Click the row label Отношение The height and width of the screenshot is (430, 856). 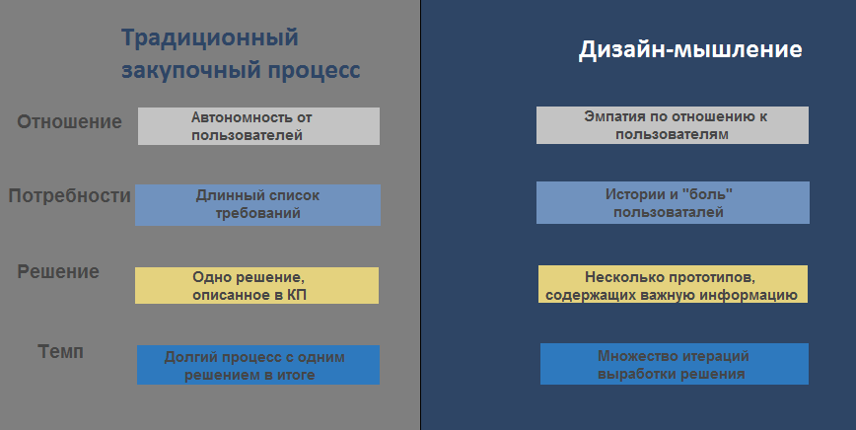(x=69, y=121)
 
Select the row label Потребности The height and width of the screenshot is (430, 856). (x=69, y=195)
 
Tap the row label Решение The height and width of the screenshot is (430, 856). (x=58, y=271)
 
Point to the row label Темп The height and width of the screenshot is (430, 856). (x=60, y=351)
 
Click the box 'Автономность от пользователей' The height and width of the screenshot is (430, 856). (x=258, y=126)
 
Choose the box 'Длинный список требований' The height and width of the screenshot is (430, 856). (x=257, y=205)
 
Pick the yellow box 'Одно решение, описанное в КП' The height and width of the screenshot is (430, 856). (x=256, y=285)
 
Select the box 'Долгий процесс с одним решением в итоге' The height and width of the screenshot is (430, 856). (x=258, y=365)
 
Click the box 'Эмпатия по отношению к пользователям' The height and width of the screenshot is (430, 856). (x=673, y=125)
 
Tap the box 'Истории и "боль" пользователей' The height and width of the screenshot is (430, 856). (x=674, y=202)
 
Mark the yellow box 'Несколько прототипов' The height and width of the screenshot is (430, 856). (x=674, y=284)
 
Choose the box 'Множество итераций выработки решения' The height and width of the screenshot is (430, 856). (x=675, y=364)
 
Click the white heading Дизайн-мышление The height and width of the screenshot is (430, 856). (x=690, y=49)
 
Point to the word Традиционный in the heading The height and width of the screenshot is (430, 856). (x=210, y=37)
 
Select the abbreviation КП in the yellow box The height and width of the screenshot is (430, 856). (x=297, y=295)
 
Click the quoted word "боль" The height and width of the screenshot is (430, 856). (x=707, y=193)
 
